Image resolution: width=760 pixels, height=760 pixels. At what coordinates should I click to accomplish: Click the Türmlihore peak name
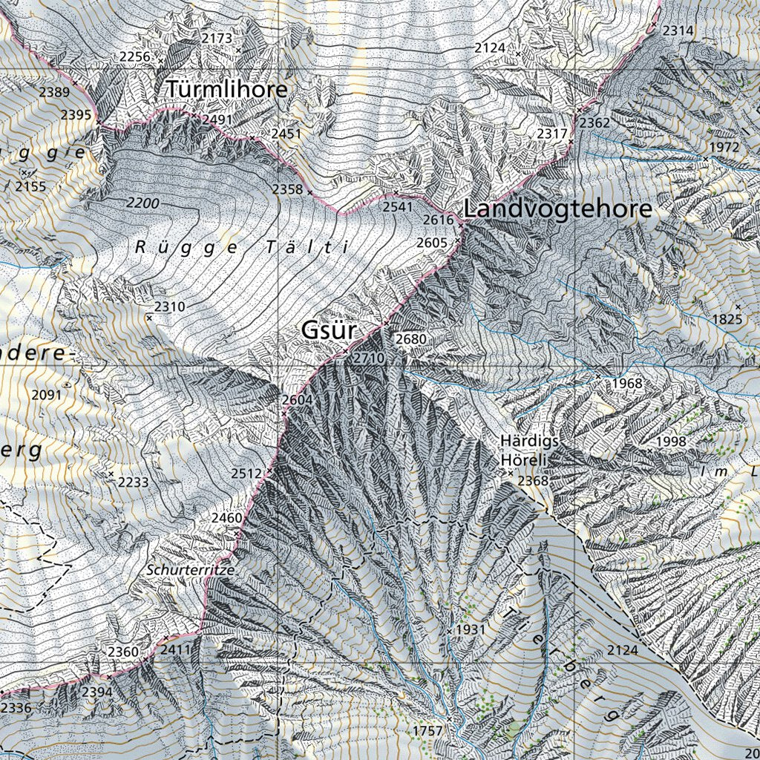(x=226, y=89)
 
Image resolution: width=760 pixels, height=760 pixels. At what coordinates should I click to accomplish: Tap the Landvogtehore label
(x=557, y=209)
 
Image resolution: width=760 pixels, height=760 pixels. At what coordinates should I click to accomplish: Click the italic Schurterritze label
(x=191, y=570)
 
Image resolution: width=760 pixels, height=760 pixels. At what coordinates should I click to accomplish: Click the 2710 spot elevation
(x=369, y=358)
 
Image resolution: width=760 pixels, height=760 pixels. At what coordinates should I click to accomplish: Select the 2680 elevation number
(x=411, y=339)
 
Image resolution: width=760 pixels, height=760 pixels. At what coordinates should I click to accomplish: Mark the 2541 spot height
(x=397, y=207)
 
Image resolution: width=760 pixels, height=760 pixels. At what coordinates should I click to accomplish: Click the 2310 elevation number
(x=169, y=307)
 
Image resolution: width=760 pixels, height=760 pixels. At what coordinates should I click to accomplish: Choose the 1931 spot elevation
(x=470, y=630)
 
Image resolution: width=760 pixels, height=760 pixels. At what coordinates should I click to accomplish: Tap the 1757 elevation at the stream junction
(x=427, y=731)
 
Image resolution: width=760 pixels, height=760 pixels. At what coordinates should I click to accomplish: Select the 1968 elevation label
(x=626, y=384)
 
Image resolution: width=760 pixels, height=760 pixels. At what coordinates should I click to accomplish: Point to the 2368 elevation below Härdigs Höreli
(x=533, y=482)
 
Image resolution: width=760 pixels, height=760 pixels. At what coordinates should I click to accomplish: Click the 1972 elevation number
(x=724, y=147)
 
